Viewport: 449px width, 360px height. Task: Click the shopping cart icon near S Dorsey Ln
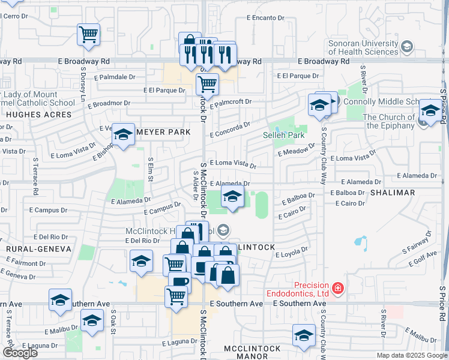(88, 34)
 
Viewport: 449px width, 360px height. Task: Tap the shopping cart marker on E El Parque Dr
(207, 84)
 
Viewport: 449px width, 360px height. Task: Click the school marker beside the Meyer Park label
(123, 136)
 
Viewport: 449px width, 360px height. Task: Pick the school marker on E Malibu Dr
(92, 322)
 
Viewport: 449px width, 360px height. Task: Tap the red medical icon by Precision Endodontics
(337, 289)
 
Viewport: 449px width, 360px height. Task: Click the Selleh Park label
(285, 136)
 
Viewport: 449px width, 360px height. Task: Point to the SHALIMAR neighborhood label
(393, 193)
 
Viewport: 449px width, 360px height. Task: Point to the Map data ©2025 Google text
(411, 355)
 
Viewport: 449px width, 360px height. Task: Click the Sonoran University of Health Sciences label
(363, 48)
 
